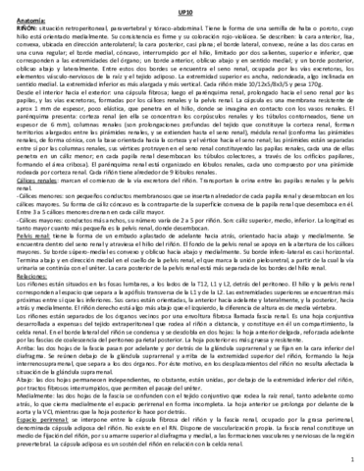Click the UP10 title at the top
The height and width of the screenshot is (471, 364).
click(x=182, y=9)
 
